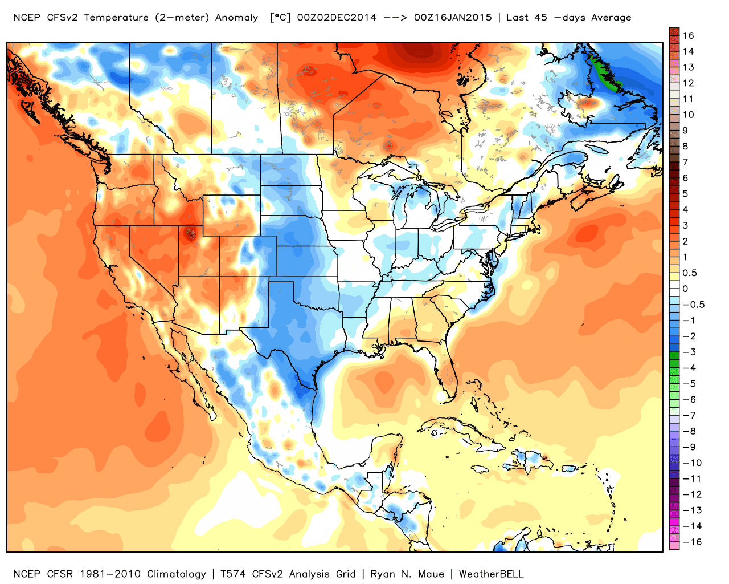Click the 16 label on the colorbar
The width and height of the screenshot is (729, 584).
pyautogui.click(x=688, y=35)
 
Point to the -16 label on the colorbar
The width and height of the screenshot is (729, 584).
pyautogui.click(x=692, y=542)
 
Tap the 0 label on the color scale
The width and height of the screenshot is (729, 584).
pyautogui.click(x=685, y=289)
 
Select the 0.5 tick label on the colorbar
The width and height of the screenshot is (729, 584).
pyautogui.click(x=689, y=273)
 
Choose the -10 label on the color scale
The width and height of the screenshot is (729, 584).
pyautogui.click(x=692, y=463)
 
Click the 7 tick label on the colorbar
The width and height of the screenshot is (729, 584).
pyautogui.click(x=685, y=162)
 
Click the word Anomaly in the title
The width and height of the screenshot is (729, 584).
pyautogui.click(x=236, y=18)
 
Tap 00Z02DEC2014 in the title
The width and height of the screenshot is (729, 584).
pyautogui.click(x=337, y=17)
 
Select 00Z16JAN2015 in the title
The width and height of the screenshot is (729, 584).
pyautogui.click(x=453, y=17)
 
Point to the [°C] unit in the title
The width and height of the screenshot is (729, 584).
pyautogui.click(x=280, y=17)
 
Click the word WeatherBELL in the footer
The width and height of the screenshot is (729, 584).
pyautogui.click(x=491, y=574)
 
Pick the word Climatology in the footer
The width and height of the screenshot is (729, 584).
pyautogui.click(x=176, y=574)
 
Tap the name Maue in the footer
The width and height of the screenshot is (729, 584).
pyautogui.click(x=431, y=574)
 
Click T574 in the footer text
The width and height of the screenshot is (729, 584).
pyautogui.click(x=233, y=574)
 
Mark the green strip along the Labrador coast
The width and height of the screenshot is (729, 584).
pyautogui.click(x=605, y=74)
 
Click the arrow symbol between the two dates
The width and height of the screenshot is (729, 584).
pyautogui.click(x=395, y=18)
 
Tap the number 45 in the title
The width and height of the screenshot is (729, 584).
pyautogui.click(x=541, y=17)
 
